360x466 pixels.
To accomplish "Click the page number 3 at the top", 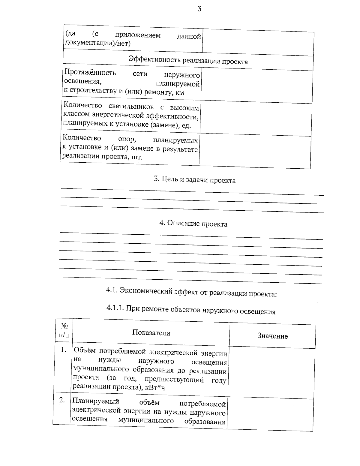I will click(x=199, y=9).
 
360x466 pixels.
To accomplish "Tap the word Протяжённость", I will click(x=90, y=73).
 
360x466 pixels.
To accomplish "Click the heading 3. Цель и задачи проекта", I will click(x=194, y=180).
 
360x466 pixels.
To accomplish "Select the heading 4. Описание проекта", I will click(x=193, y=224).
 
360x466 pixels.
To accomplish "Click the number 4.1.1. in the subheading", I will click(x=115, y=308).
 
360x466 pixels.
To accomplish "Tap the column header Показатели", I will click(x=151, y=333).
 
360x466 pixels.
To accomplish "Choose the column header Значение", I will click(x=272, y=336).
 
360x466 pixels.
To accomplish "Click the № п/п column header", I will click(x=64, y=330).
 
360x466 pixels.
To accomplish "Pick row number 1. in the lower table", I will click(x=63, y=350).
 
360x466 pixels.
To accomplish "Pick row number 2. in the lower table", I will click(x=62, y=400).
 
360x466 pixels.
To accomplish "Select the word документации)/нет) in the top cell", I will click(x=98, y=44).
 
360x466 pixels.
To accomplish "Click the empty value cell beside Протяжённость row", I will click(x=256, y=87).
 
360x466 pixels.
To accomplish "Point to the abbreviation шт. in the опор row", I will click(x=136, y=157).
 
